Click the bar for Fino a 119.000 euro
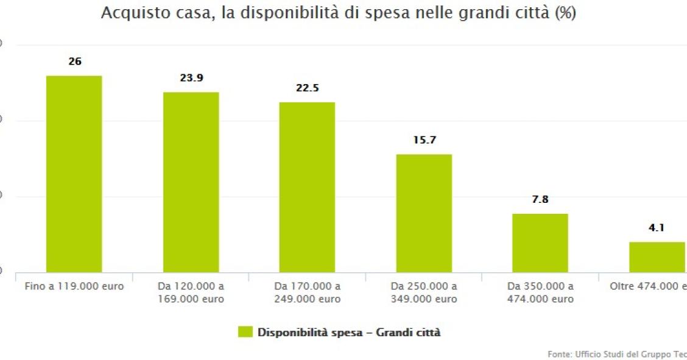(74, 174)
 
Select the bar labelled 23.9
(191, 182)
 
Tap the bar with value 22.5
(307, 187)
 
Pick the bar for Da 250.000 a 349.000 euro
(424, 213)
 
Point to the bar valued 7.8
(540, 242)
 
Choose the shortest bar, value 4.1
(657, 256)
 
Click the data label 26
(75, 62)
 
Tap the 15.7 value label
(425, 139)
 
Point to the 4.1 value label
(656, 228)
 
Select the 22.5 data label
(307, 88)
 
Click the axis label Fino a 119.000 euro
(74, 286)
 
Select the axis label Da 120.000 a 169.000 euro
(191, 292)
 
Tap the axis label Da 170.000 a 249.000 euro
(307, 292)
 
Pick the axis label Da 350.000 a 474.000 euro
(540, 292)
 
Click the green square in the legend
(245, 332)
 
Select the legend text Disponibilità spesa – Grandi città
(349, 333)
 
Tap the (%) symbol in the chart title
(563, 13)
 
